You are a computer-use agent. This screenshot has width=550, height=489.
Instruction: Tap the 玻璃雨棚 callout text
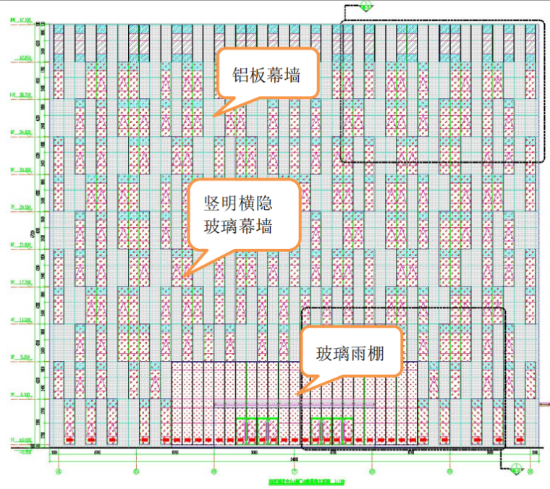348,354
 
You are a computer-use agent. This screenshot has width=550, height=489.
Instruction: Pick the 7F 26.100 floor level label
20,208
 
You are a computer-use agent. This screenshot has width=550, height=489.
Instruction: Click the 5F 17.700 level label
20,284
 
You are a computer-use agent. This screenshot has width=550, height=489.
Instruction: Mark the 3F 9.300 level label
20,358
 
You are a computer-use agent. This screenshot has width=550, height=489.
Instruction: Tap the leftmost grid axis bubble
59,472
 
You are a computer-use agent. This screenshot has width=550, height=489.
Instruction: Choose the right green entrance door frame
331,430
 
